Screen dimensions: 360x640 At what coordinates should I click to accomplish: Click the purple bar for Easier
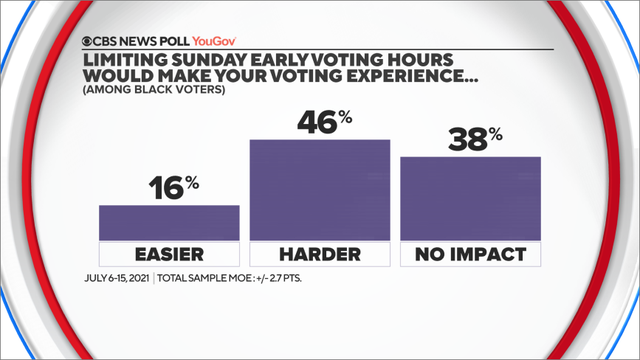[169, 222]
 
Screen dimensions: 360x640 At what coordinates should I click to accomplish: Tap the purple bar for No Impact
[470, 198]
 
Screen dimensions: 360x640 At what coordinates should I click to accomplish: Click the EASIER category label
[169, 254]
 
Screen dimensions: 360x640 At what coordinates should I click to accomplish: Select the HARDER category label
[319, 254]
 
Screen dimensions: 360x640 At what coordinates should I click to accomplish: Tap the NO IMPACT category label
[470, 254]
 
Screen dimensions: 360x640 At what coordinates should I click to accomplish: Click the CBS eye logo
[91, 43]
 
